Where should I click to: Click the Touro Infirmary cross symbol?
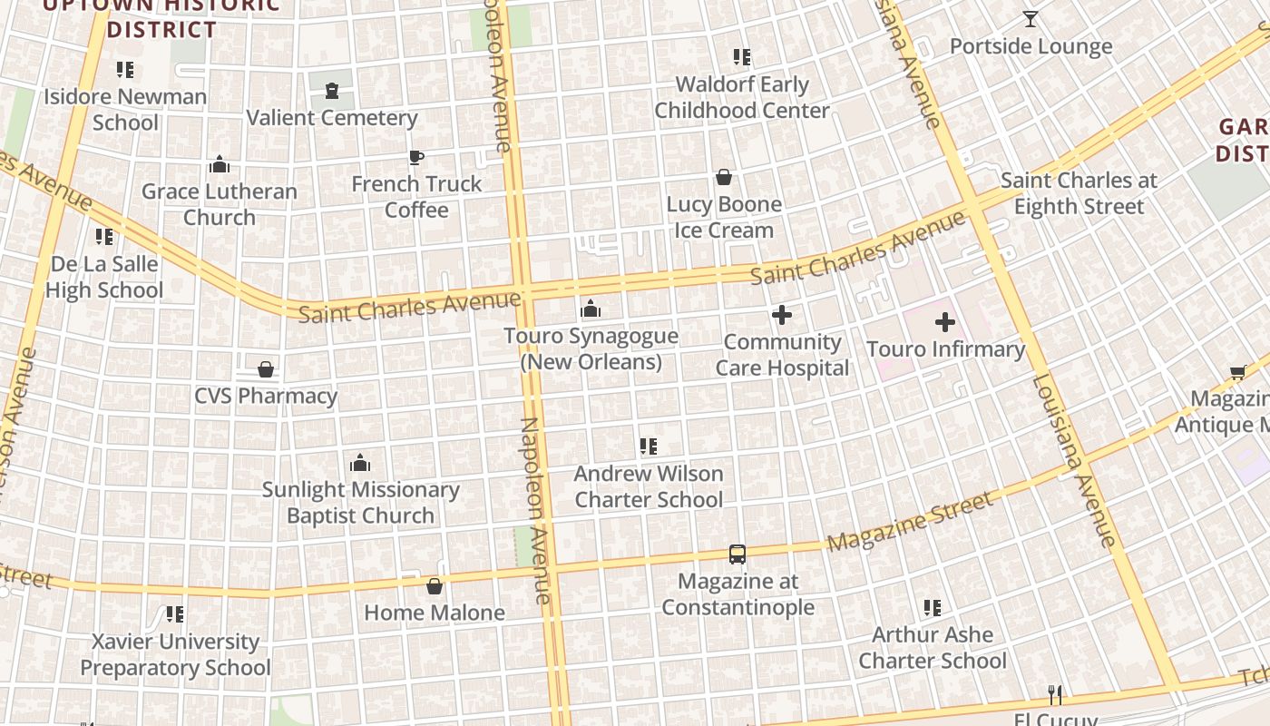point(944,321)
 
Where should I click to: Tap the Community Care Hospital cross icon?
point(781,315)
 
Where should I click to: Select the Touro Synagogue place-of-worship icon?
point(591,309)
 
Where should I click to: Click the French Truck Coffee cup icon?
point(415,158)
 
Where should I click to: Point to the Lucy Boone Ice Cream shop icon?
point(724,177)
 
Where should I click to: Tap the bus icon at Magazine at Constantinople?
point(738,554)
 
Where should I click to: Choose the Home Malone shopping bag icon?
point(435,586)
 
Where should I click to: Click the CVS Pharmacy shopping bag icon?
point(266,369)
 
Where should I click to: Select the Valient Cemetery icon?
point(332,91)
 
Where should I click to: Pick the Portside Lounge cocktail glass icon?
point(1031,19)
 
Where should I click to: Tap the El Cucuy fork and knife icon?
point(1055,695)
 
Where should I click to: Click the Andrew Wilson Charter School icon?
point(648,446)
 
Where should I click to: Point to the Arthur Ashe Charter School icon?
point(932,607)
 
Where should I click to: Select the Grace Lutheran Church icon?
point(220,164)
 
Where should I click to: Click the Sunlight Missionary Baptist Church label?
point(361,503)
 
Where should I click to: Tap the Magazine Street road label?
point(910,522)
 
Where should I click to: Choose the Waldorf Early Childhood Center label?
point(742,97)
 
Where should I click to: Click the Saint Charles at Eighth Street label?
point(1079,193)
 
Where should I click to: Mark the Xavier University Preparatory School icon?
point(175,614)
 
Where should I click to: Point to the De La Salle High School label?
point(104,277)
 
